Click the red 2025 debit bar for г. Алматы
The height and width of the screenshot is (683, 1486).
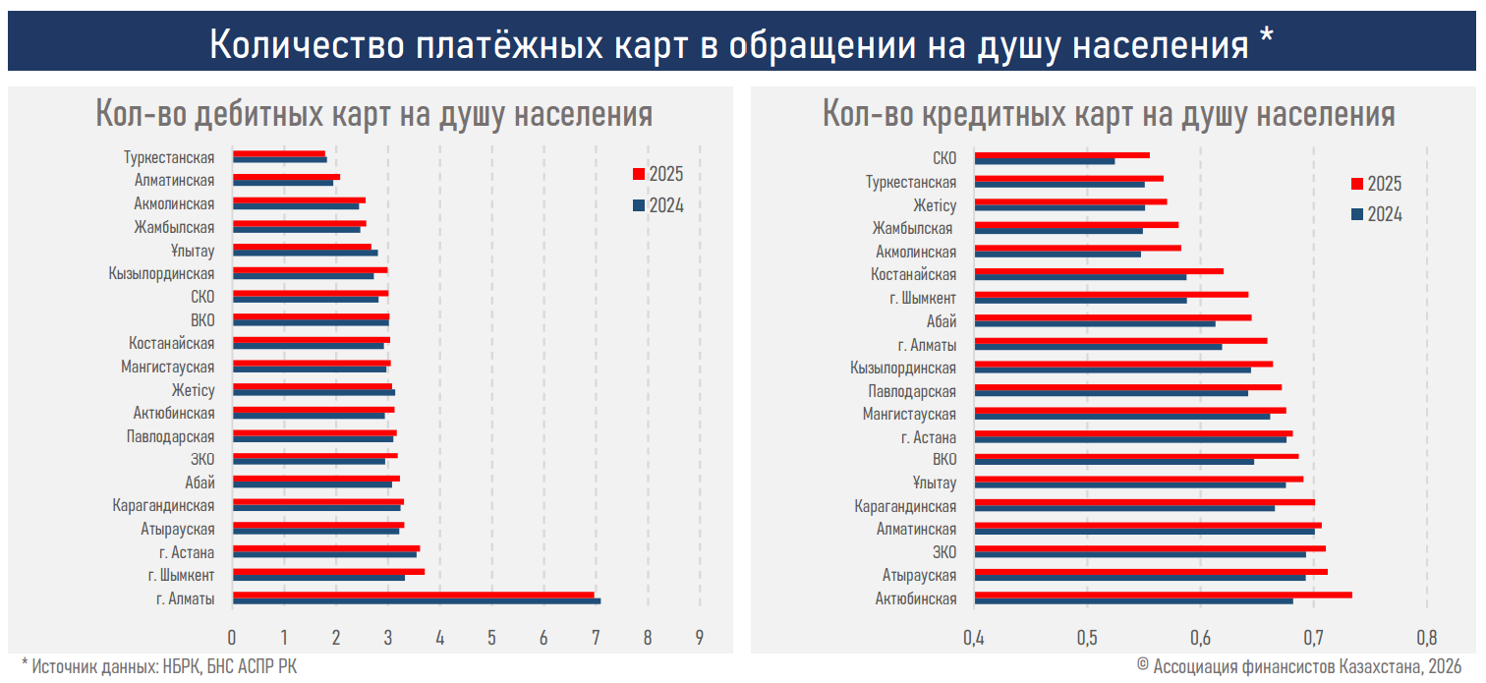point(413,595)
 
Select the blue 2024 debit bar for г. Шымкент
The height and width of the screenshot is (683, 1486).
point(318,578)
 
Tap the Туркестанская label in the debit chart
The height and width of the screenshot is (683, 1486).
point(169,157)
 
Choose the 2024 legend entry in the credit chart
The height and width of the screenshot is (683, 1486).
point(1384,214)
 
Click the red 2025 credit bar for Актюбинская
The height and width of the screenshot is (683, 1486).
point(1163,595)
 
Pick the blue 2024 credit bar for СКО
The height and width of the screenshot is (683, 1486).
point(1044,161)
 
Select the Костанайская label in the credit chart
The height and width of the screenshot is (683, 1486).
point(913,274)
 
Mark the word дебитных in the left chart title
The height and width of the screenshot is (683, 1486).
point(257,114)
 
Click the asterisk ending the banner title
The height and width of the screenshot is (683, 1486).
point(1265,39)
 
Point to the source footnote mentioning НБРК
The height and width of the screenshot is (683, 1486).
point(159,666)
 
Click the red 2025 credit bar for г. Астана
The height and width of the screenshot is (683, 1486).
point(1133,432)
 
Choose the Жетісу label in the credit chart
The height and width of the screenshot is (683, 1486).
point(934,204)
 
